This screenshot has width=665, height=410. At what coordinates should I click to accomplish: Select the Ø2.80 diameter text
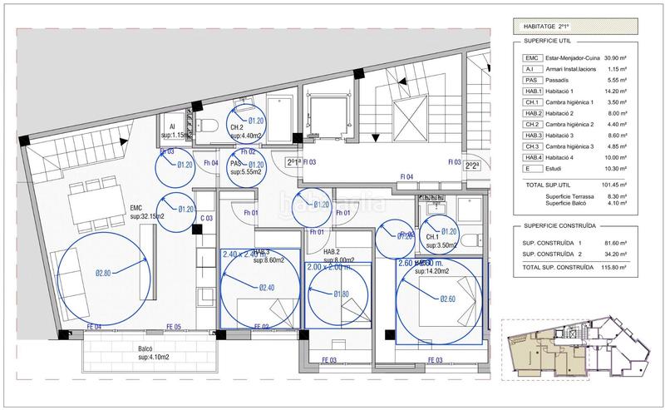click(x=102, y=271)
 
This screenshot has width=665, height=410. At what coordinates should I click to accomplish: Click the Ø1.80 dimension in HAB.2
click(x=341, y=294)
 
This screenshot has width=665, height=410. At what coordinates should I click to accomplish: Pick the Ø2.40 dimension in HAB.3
click(x=267, y=288)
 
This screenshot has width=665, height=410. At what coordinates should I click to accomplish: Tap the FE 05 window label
click(x=173, y=327)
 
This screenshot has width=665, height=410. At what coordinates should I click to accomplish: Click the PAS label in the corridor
click(x=235, y=164)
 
